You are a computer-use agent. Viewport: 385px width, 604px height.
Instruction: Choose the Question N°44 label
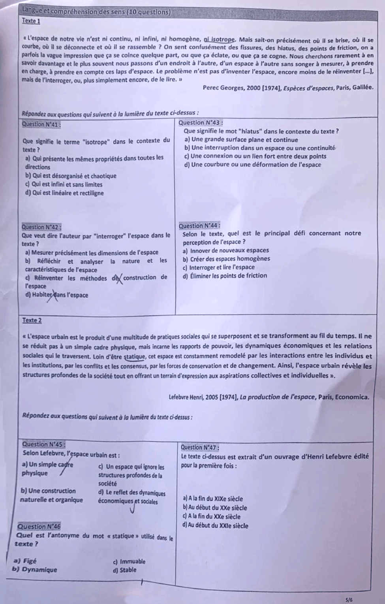(x=199, y=226)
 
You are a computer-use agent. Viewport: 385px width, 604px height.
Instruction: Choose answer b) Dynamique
(x=35, y=570)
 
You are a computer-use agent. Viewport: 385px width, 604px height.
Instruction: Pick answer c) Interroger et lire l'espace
(x=219, y=267)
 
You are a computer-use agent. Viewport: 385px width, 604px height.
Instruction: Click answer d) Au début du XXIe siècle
(x=216, y=526)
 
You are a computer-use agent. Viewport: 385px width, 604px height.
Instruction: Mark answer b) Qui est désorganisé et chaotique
(x=71, y=176)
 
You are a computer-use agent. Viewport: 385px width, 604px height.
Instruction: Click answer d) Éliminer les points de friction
(x=225, y=276)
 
